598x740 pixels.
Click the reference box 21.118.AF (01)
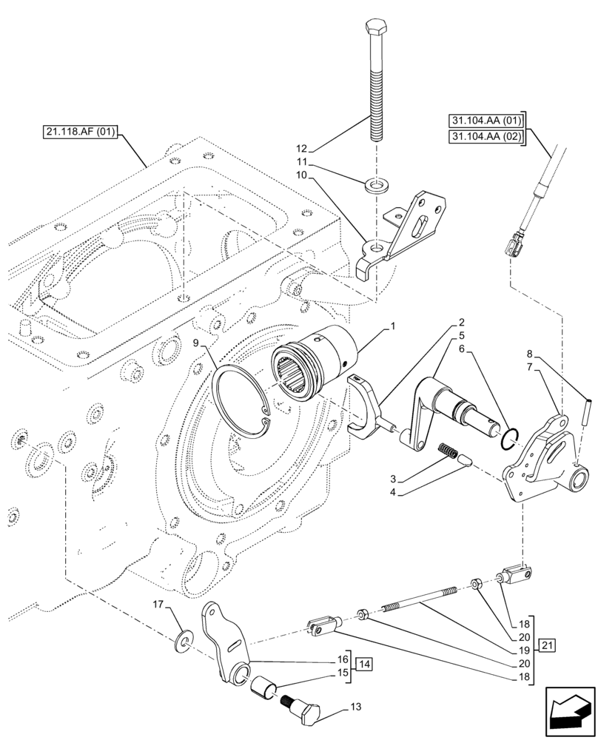(81, 133)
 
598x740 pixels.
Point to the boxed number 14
(365, 664)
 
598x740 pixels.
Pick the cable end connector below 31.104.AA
(513, 241)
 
